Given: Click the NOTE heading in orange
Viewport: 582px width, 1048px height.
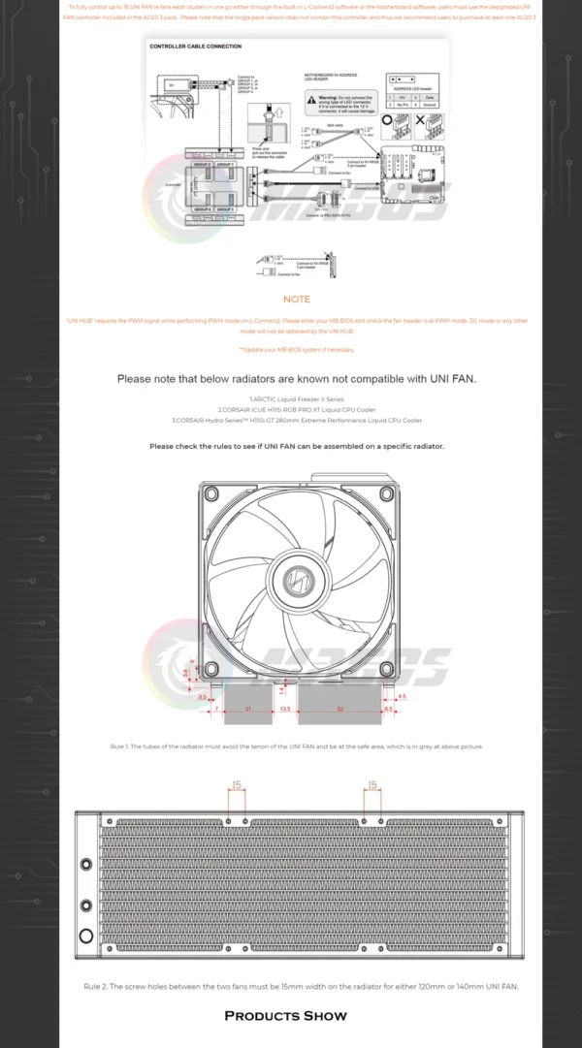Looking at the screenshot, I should click(297, 300).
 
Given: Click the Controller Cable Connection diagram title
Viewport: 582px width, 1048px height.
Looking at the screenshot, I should click(195, 46).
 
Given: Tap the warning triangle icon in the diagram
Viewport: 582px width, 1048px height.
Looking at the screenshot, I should click(311, 98).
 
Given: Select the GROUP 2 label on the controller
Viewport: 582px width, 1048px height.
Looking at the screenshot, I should click(202, 165).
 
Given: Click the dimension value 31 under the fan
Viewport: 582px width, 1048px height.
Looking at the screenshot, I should click(248, 710).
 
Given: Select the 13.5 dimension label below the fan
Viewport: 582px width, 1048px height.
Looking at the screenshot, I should click(284, 710).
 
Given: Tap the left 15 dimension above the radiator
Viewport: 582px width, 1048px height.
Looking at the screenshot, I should click(236, 785).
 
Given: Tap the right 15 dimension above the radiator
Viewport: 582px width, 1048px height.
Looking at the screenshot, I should click(372, 785).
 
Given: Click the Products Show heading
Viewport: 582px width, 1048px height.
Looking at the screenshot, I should click(285, 1015).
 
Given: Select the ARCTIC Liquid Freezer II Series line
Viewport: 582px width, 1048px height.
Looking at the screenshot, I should click(297, 399).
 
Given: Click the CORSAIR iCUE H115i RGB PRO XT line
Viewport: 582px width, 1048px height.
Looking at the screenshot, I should click(297, 410).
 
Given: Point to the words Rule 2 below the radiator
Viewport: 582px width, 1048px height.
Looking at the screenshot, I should click(96, 986).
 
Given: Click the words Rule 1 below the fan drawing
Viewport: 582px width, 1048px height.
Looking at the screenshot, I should click(119, 746).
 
